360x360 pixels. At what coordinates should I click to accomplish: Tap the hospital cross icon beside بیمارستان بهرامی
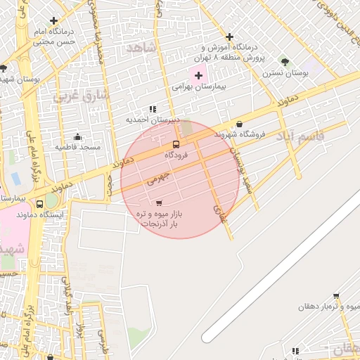[198, 75]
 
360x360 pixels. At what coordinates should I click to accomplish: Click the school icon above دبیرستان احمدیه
[153, 109]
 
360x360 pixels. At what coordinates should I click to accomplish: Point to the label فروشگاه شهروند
[243, 134]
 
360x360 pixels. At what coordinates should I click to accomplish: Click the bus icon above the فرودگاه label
[176, 145]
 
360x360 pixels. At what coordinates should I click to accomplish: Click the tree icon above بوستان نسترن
[285, 62]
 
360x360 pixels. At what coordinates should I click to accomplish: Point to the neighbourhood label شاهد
[139, 47]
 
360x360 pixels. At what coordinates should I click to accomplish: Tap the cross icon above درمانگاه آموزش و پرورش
[229, 37]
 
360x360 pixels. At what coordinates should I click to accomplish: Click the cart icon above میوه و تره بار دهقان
[336, 295]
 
